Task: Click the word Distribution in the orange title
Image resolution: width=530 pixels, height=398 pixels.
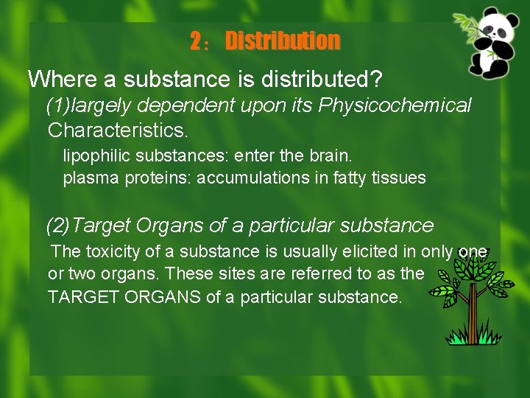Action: pyautogui.click(x=283, y=41)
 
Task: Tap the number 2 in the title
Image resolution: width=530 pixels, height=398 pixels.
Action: pyautogui.click(x=196, y=41)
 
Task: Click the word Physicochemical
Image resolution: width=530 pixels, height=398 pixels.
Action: pyautogui.click(x=395, y=105)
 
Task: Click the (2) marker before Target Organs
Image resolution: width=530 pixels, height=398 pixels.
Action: pyautogui.click(x=59, y=225)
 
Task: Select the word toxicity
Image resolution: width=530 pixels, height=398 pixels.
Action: pyautogui.click(x=119, y=251)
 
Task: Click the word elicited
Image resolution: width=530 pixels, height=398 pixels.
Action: pyautogui.click(x=372, y=251)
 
